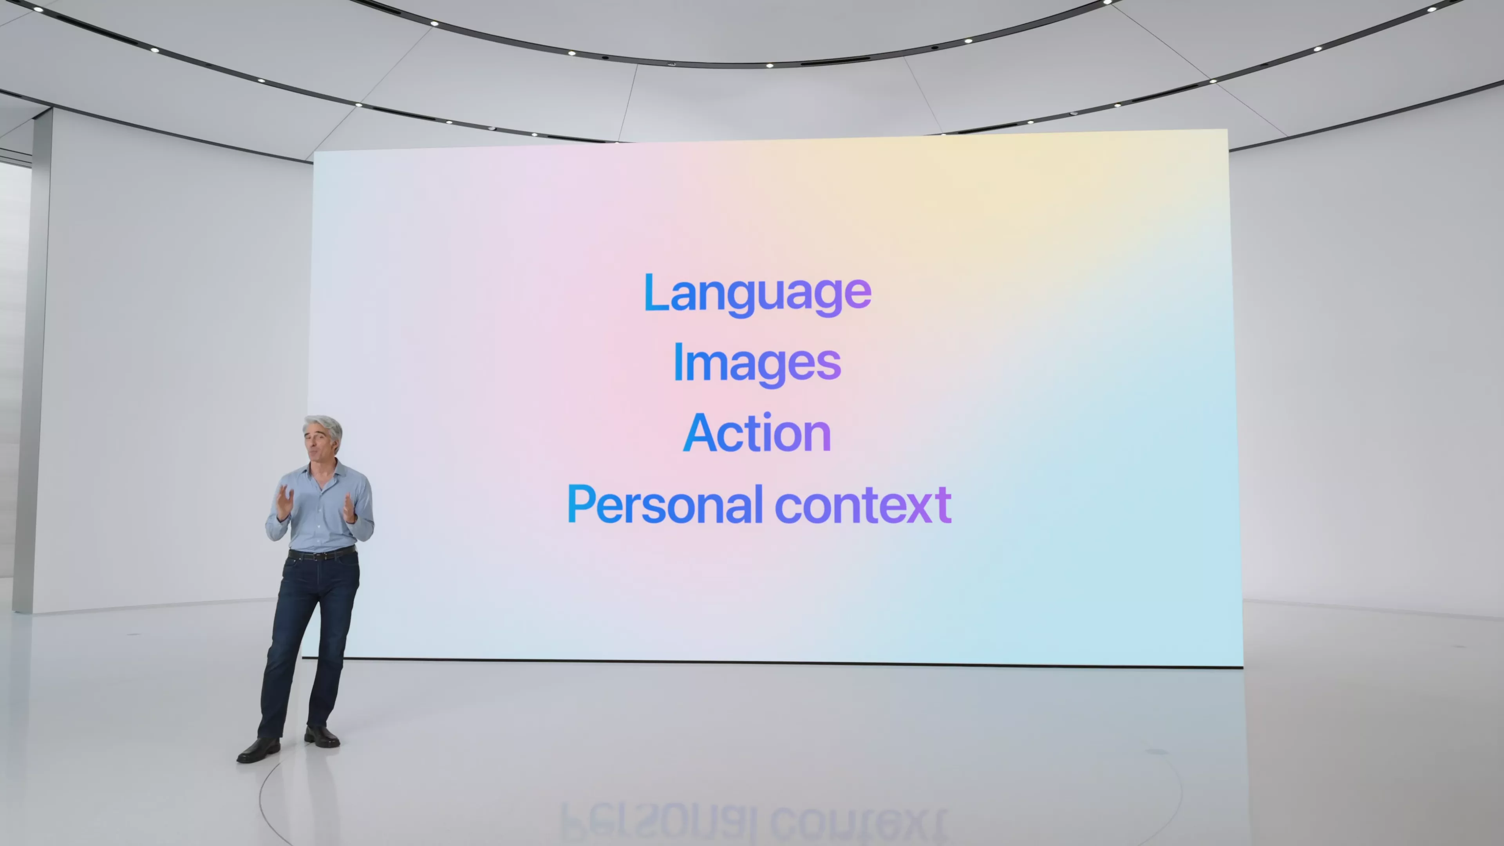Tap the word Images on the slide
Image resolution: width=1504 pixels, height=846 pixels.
tap(757, 364)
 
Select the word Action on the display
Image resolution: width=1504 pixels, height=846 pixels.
tap(757, 433)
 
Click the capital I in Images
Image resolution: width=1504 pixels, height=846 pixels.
tap(678, 362)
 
